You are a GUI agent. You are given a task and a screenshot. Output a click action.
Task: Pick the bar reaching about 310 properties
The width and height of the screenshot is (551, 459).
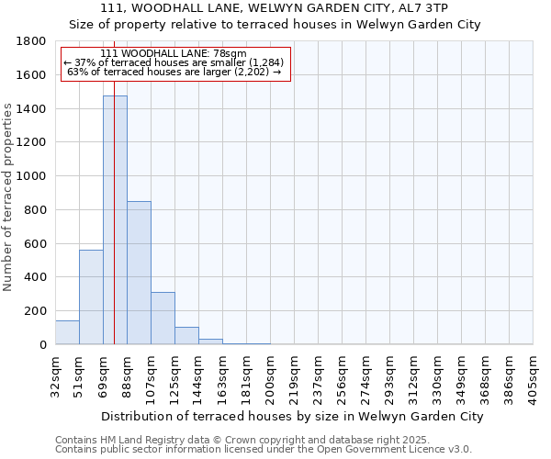[163, 318]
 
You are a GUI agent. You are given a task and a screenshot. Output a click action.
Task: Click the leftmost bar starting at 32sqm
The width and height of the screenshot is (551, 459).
[67, 332]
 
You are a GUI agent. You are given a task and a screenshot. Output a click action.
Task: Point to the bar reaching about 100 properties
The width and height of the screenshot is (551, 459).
[186, 336]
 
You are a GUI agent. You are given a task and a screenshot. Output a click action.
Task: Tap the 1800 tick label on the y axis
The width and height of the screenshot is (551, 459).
[32, 42]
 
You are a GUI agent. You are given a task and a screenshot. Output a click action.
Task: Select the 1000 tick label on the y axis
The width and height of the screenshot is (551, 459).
[32, 176]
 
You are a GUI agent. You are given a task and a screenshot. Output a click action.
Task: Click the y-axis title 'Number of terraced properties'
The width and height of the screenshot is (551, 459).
[8, 197]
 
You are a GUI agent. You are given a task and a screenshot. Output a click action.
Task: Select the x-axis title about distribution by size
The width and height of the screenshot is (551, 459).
[292, 416]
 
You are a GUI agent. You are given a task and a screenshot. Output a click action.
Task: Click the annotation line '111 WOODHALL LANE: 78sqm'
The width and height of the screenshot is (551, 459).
[174, 54]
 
